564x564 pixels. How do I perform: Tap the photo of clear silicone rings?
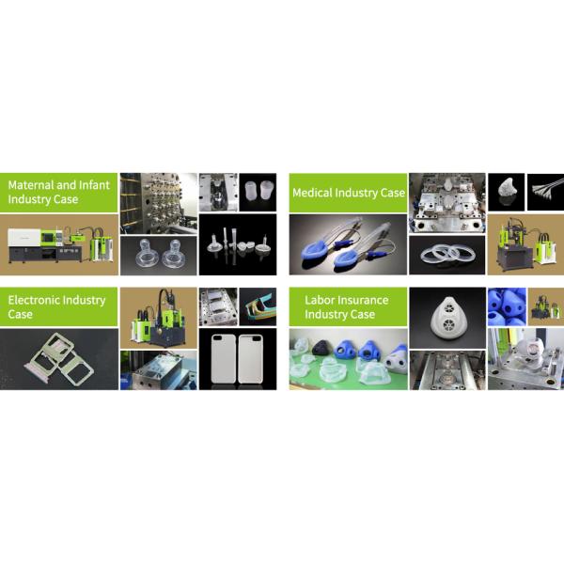click(446, 254)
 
